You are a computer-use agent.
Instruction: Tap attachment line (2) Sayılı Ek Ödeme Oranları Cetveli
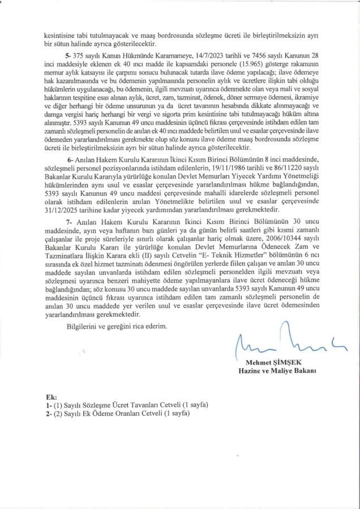pos(120,414)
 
